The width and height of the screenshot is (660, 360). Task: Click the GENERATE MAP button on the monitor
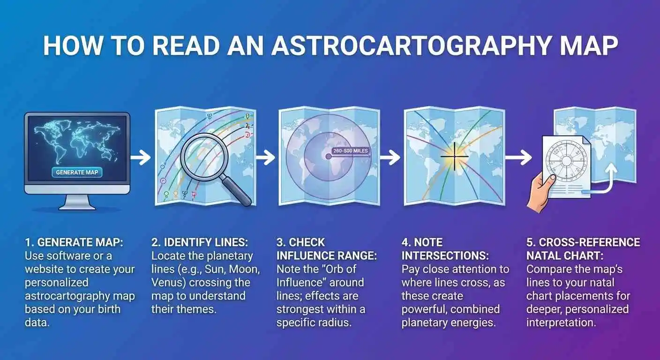77,172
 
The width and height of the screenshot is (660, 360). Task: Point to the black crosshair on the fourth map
454,157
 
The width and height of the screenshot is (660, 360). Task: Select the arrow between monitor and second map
141,157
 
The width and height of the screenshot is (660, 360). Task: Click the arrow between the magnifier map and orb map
266,157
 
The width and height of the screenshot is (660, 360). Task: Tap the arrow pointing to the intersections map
390,157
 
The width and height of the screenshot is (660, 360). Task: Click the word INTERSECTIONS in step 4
445,256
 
